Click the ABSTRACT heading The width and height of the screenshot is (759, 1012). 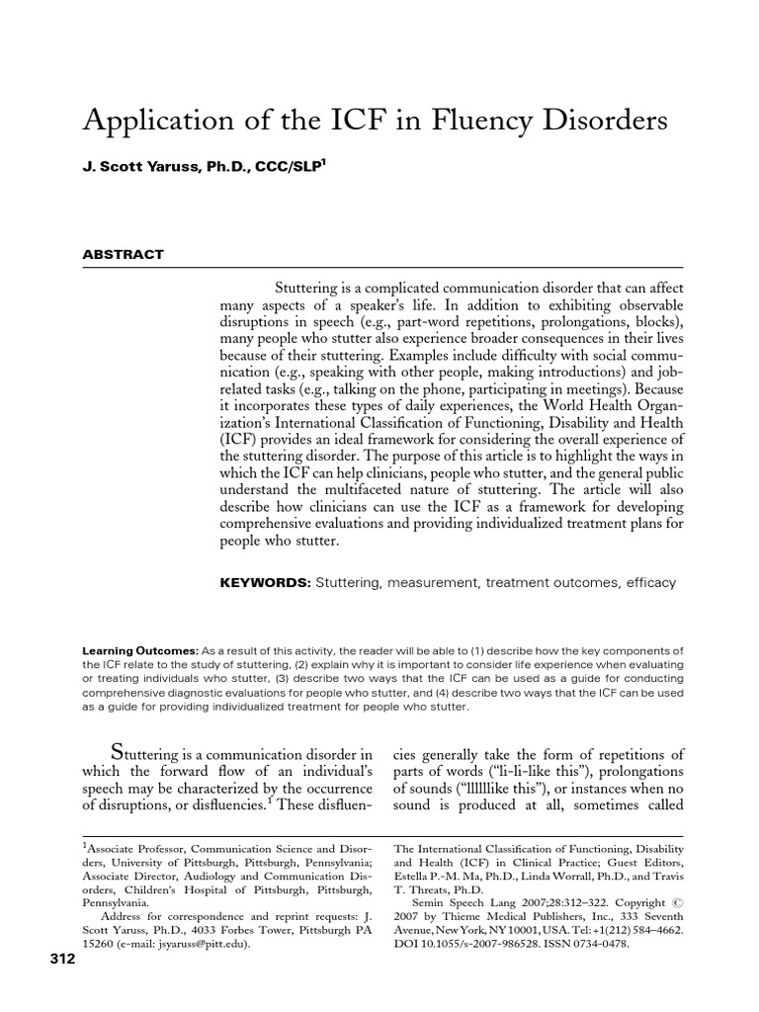pos(123,254)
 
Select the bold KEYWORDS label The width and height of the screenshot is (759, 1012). pos(265,583)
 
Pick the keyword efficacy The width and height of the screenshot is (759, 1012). pos(650,583)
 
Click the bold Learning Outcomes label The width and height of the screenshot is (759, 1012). pos(139,652)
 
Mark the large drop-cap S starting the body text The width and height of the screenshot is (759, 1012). pos(118,754)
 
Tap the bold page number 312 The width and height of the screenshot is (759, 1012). pos(61,960)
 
